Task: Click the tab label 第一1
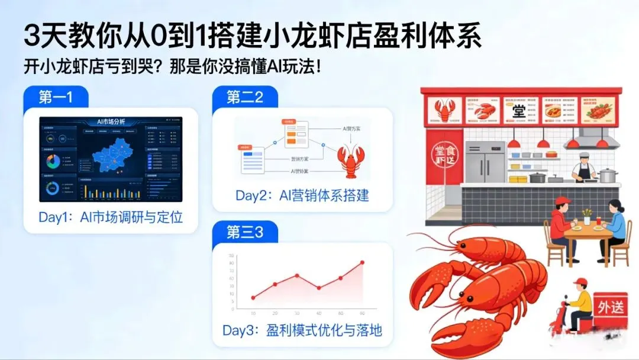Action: click(56, 97)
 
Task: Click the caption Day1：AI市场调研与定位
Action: click(111, 217)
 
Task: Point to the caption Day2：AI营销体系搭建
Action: click(302, 195)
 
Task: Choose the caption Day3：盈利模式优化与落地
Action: click(302, 330)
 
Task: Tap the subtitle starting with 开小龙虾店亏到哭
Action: click(172, 65)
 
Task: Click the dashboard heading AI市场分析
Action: click(111, 122)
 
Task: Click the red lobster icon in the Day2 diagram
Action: click(350, 158)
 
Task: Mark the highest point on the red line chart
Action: click(362, 262)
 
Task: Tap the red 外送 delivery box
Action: click(609, 308)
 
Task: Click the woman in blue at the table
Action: click(614, 225)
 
